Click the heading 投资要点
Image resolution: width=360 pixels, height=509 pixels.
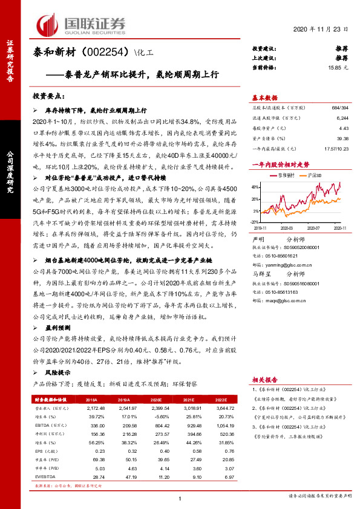pos(49,96)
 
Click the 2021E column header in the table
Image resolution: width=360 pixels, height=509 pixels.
pos(196,400)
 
